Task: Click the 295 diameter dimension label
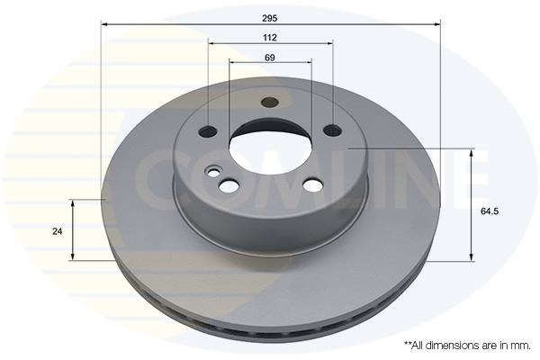(270, 18)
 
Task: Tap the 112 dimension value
(270, 37)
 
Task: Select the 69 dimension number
(270, 58)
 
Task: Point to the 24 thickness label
(58, 231)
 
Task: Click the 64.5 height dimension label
(490, 211)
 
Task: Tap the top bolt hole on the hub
(269, 102)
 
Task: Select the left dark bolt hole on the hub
(208, 130)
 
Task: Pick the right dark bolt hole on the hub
(333, 130)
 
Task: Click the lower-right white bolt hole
(313, 185)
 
